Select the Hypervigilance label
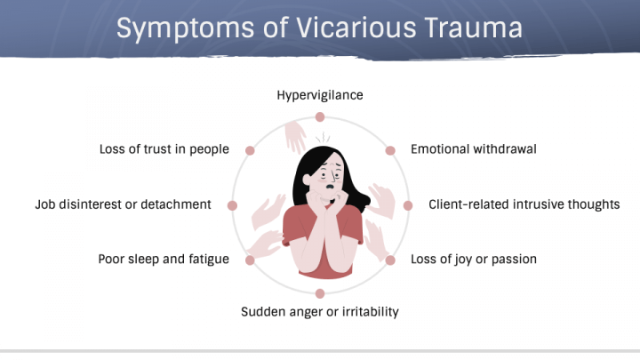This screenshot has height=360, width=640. [320, 94]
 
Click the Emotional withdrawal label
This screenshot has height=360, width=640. [473, 149]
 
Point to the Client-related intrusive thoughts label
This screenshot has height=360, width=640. [524, 204]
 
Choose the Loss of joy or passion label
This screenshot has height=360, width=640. [473, 260]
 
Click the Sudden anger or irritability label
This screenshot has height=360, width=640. [320, 311]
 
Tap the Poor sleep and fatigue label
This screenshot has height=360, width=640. [164, 260]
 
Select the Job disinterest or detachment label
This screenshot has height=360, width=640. [124, 204]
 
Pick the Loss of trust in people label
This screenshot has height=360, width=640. [164, 149]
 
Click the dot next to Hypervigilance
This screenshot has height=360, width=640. [320, 116]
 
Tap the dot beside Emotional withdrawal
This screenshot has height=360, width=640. [389, 150]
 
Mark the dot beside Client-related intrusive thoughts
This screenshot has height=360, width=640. [408, 205]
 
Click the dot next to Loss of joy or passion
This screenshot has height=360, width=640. [389, 260]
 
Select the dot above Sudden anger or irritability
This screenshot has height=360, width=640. [320, 292]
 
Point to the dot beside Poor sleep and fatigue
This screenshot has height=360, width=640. [250, 260]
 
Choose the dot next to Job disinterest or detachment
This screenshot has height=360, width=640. [232, 205]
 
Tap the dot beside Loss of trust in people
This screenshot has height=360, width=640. [251, 150]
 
